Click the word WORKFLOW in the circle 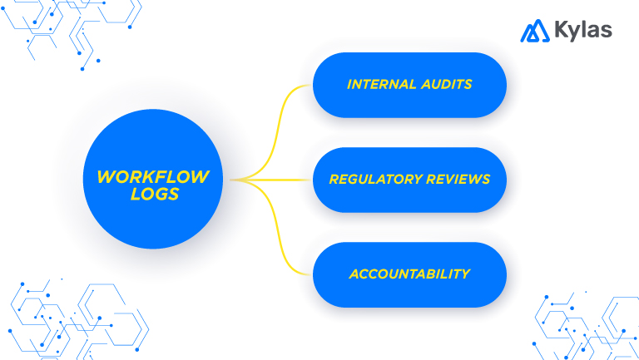point(153,176)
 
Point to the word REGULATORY point(368,180)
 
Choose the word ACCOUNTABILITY point(409,274)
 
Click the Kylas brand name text point(583,32)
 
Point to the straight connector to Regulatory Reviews point(279,180)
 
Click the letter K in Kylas point(562,32)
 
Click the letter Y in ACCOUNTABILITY point(466,274)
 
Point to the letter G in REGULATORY point(350,180)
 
